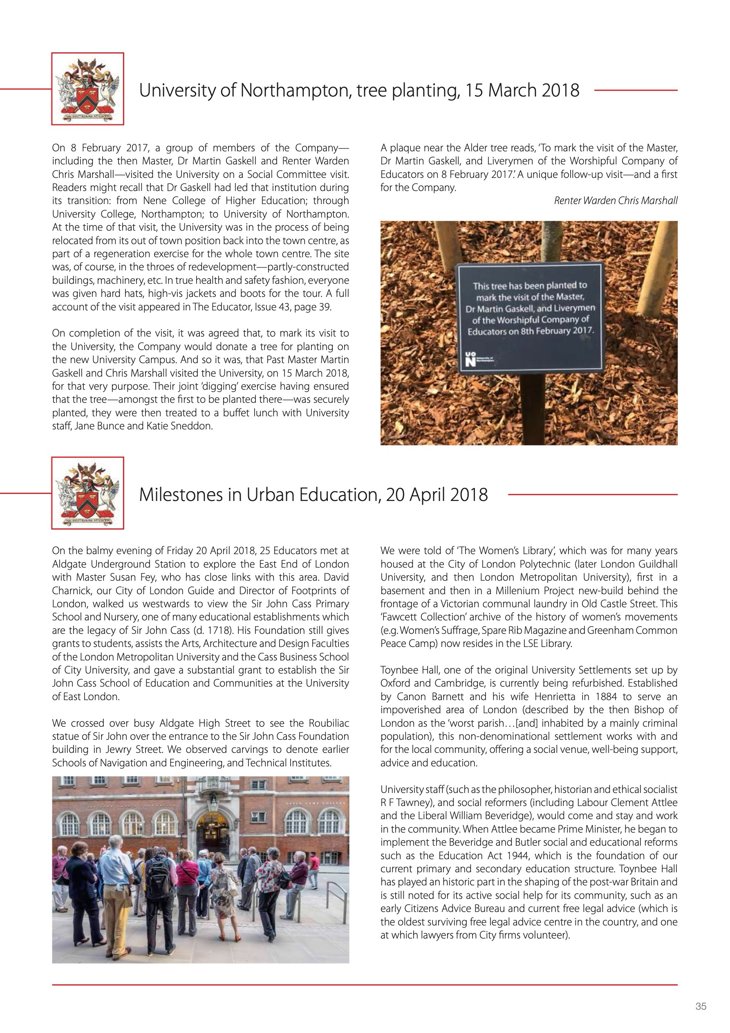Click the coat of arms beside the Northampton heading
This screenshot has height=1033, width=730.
(88, 89)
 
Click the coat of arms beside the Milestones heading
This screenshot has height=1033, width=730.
(88, 493)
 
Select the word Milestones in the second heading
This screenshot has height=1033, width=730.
(190, 494)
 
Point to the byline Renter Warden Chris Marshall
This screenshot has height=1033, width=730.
(615, 201)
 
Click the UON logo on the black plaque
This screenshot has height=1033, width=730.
(470, 360)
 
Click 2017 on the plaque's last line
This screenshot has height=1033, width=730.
(583, 330)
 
